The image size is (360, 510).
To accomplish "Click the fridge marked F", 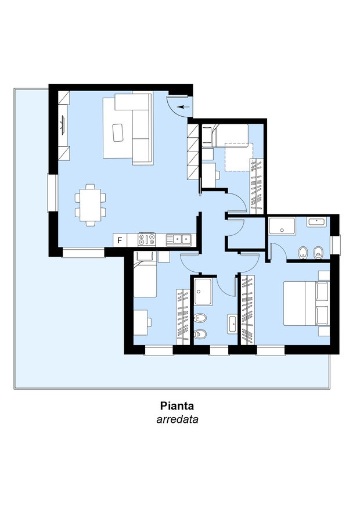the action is coord(120,240).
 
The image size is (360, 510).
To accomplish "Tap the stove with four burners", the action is coord(147,240).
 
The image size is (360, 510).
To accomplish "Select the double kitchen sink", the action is coord(178,240).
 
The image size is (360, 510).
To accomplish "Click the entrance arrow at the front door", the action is coord(183,107).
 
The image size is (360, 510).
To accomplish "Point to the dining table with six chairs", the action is coord(91,205).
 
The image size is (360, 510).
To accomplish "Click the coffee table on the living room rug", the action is coord(118,132).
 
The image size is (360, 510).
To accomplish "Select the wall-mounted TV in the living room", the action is coord(63,125).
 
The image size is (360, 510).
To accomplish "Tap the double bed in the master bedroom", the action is coord(306,303).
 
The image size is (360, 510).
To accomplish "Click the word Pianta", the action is coord(177,406).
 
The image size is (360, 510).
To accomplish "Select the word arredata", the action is coord(178,419).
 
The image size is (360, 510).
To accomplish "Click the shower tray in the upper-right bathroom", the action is coord(282,226).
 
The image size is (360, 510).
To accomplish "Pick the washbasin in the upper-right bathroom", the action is coord(317,222).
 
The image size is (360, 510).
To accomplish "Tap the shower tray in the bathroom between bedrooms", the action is coord(203,291).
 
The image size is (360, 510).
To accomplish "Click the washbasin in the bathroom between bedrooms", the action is coord(232,324).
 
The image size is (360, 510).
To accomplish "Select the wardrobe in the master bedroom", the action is coord(248,310).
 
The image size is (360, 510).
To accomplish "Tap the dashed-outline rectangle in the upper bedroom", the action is coord(239,157).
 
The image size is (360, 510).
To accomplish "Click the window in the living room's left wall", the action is coord(53,193).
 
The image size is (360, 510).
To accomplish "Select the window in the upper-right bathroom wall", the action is coord(334,245).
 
